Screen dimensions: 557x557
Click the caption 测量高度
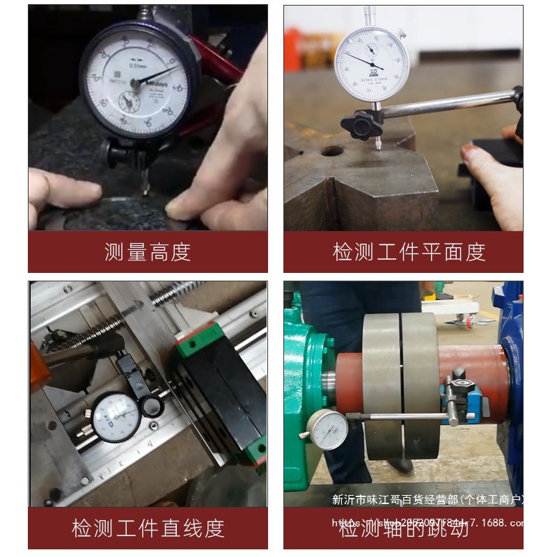pyautogui.click(x=148, y=251)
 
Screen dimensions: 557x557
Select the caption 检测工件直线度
pyautogui.click(x=148, y=528)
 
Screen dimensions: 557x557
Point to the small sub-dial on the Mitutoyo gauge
pyautogui.click(x=129, y=102)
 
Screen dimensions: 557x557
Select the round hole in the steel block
pyautogui.click(x=332, y=150)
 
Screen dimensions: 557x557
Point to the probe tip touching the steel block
pyautogui.click(x=378, y=147)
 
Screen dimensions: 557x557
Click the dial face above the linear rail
pyautogui.click(x=116, y=417)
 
